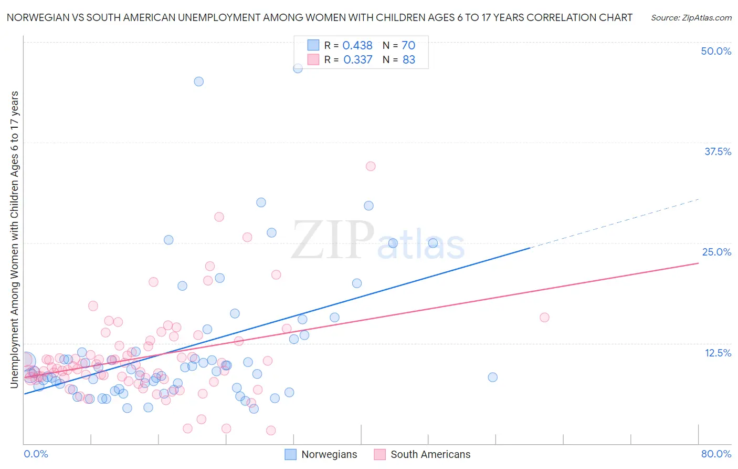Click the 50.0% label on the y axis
(716, 51)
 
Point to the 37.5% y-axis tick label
(718, 151)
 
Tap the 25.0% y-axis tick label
(716, 252)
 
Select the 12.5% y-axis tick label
(718, 353)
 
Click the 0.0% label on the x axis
(36, 454)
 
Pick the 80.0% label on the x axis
(716, 454)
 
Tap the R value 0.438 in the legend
(357, 46)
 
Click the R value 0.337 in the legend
(357, 60)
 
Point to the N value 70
(408, 46)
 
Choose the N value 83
(408, 60)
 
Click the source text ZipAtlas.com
(691, 18)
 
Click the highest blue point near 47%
(298, 68)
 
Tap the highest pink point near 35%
(371, 166)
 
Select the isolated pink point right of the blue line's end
(544, 318)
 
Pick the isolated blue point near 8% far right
(492, 377)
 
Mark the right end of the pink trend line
(698, 263)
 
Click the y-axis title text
(15, 239)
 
